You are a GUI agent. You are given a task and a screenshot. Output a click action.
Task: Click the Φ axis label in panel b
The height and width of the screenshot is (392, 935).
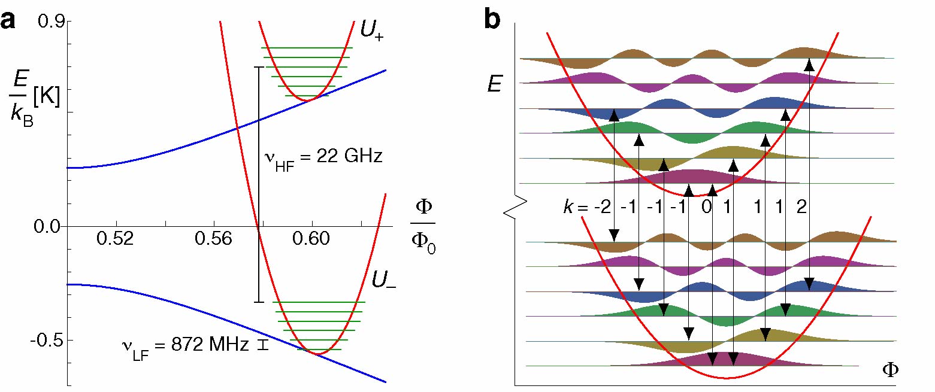(x=890, y=370)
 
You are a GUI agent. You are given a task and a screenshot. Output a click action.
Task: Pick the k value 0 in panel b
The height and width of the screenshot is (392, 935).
(x=706, y=207)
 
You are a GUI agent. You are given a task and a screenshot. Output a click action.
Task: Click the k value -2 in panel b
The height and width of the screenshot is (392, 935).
(x=603, y=207)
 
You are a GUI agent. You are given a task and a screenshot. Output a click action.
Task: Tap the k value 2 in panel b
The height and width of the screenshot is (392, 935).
(x=803, y=207)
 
